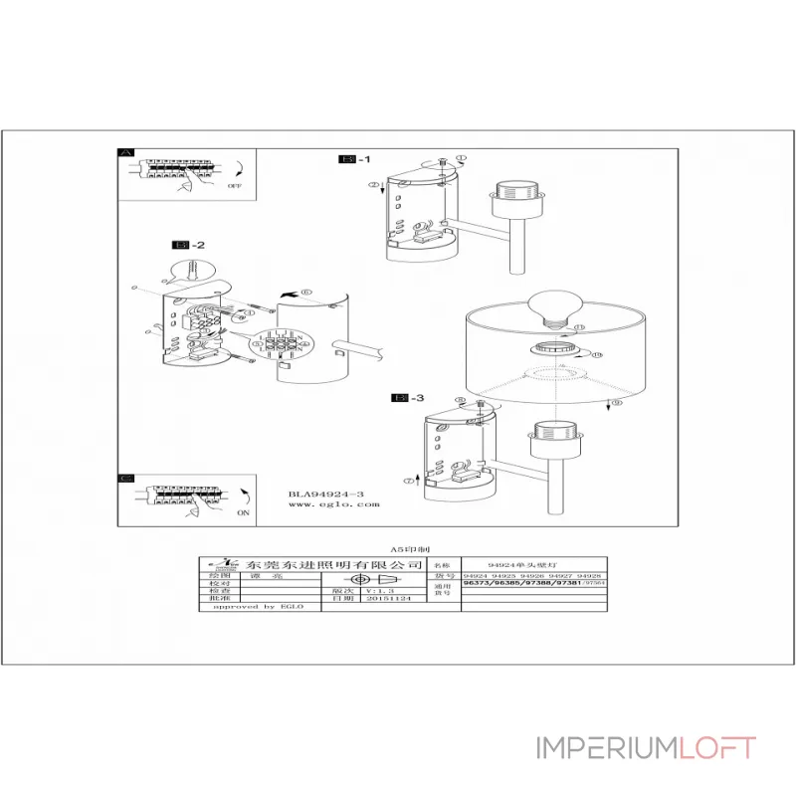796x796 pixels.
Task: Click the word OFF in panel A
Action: click(x=235, y=186)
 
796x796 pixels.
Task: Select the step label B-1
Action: click(x=355, y=159)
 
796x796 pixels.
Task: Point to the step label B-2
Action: click(x=189, y=245)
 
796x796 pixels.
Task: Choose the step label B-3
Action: click(x=409, y=398)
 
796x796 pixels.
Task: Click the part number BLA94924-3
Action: click(x=326, y=493)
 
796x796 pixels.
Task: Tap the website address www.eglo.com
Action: click(x=334, y=504)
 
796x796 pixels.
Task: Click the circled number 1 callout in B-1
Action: click(x=462, y=158)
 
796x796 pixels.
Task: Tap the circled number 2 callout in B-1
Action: click(x=372, y=185)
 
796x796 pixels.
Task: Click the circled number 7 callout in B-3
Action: click(x=407, y=481)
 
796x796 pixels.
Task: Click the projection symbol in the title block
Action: click(x=370, y=580)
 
